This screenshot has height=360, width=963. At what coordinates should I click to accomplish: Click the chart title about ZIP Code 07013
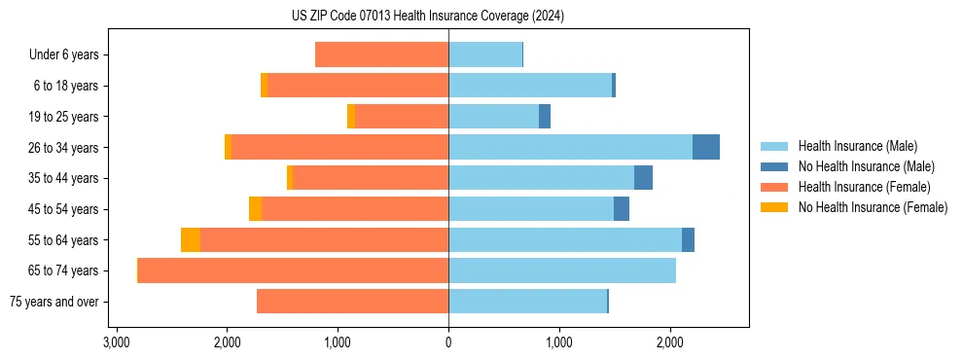pos(427,16)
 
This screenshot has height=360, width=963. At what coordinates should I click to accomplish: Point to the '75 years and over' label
pos(53,302)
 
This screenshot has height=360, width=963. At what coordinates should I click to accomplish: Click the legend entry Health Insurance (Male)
pos(857,146)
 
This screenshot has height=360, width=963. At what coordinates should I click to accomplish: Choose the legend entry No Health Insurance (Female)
pos(873,207)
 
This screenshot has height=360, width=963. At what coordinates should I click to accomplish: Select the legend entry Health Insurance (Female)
pos(864,187)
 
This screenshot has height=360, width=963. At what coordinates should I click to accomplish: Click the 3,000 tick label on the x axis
pos(116,342)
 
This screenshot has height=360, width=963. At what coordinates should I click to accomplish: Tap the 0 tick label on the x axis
pos(448,342)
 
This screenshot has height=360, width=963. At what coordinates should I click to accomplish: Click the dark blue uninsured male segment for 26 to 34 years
pos(706,147)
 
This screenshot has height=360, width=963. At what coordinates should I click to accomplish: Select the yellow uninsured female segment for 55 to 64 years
pos(191,239)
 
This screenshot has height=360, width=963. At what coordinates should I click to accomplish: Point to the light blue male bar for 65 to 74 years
pos(562,270)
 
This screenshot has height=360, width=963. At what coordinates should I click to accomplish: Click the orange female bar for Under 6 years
pos(381,54)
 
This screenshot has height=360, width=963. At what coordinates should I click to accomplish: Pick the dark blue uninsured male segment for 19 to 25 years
pos(545,116)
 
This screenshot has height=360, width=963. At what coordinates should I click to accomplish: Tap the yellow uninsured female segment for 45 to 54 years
pos(255,209)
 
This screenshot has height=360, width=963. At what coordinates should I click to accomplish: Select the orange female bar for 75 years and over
pos(352,302)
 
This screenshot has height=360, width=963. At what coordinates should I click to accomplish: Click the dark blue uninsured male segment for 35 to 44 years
pos(643,178)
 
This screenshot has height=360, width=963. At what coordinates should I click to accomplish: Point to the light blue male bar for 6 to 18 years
pos(530,86)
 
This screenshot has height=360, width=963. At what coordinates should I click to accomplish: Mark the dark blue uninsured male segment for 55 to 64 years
pos(688,239)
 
